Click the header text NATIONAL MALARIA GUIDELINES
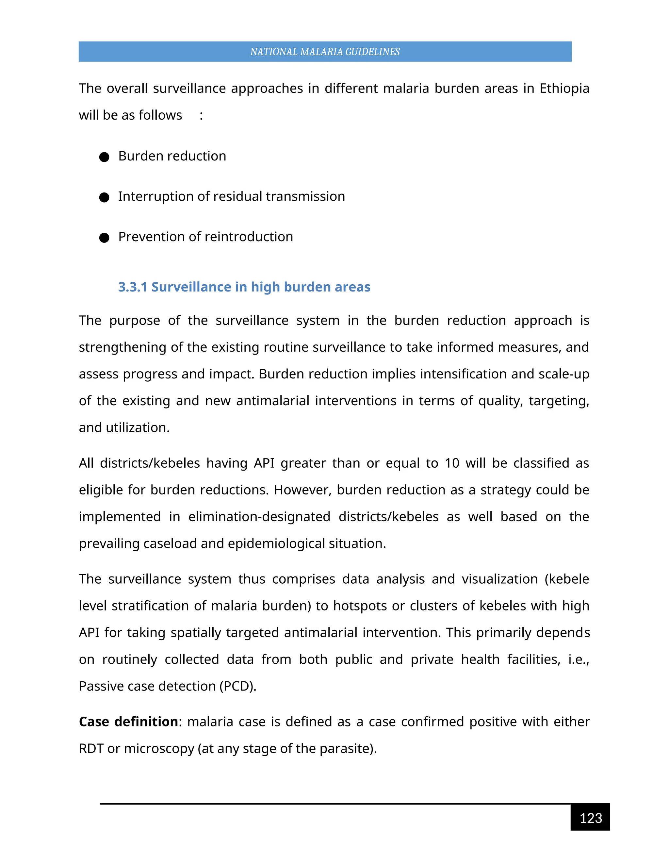(x=325, y=52)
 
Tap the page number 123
(x=591, y=818)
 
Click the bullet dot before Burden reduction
(x=104, y=157)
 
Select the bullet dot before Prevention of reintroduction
(x=104, y=238)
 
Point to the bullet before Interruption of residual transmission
(x=104, y=197)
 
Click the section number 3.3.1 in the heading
(x=132, y=287)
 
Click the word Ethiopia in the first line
(x=564, y=88)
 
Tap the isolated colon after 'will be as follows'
(x=201, y=115)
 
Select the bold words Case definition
(x=128, y=722)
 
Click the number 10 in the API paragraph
(x=452, y=463)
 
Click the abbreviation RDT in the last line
(x=91, y=749)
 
